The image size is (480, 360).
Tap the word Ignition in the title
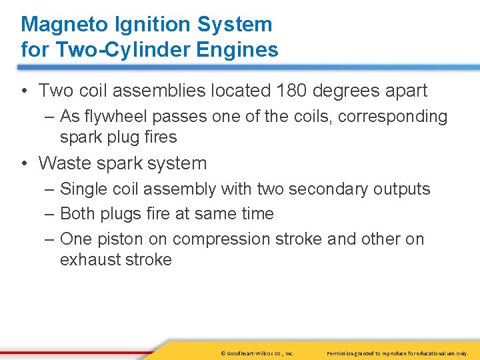[148, 25]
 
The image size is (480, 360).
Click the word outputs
[399, 189]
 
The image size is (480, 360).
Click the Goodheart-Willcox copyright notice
[257, 352]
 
